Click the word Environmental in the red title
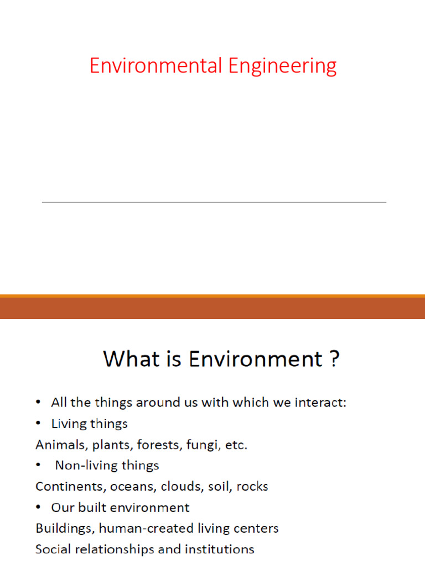tap(156, 66)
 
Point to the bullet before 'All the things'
tap(38, 403)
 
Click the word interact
tap(322, 403)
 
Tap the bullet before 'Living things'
tap(38, 424)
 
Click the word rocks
tap(253, 487)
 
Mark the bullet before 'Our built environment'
tap(38, 508)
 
